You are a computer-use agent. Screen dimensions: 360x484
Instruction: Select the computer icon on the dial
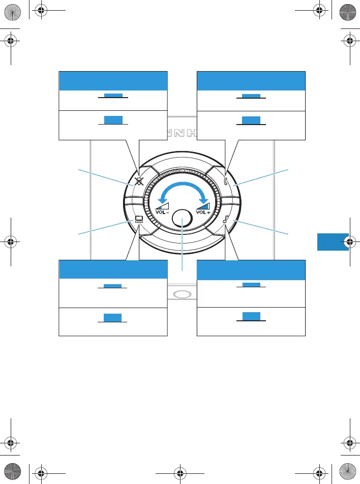point(138,220)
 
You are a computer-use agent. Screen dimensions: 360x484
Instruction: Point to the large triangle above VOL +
point(203,203)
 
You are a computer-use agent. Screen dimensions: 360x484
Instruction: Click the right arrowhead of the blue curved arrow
point(204,198)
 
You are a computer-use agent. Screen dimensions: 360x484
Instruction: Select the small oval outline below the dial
point(183,294)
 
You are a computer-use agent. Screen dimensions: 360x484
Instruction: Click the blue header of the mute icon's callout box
point(113,81)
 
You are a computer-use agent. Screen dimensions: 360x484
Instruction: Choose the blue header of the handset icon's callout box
point(251,81)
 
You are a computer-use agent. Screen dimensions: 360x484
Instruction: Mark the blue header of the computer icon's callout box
point(113,269)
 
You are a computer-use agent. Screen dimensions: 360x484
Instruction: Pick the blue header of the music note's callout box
point(251,270)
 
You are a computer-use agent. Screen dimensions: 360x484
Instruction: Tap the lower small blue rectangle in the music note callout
point(251,316)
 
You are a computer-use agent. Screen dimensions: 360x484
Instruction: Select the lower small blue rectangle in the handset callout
point(251,120)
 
